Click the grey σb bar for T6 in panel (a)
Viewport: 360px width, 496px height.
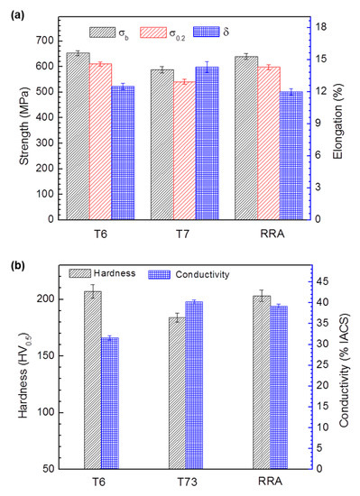click(x=78, y=135)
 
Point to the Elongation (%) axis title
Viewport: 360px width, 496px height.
click(x=348, y=122)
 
